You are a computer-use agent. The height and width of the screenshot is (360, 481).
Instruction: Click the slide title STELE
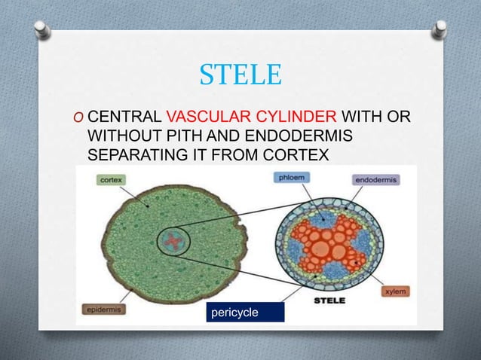[x=240, y=75]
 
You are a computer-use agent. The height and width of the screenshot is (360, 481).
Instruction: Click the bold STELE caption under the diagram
[x=329, y=300]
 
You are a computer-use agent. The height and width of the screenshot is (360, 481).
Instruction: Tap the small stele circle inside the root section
[x=173, y=242]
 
